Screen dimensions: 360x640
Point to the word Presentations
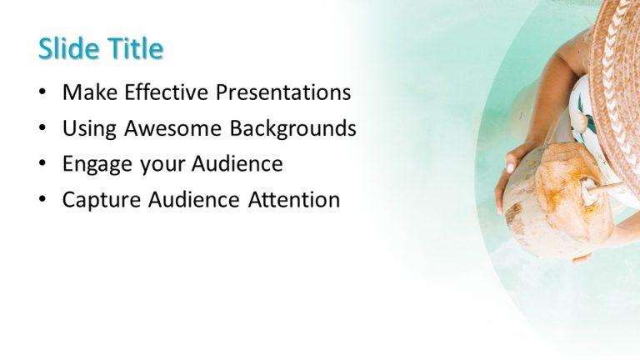click(283, 92)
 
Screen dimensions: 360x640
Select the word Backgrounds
click(292, 128)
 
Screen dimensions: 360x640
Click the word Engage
click(96, 164)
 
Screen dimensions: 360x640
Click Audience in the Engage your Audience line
click(237, 164)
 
